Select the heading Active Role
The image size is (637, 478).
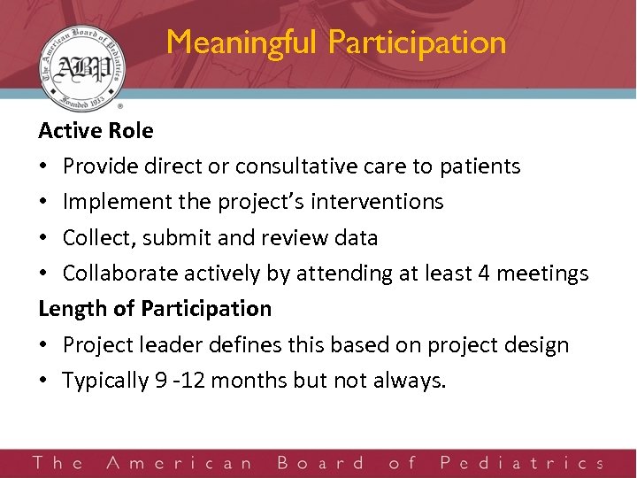click(96, 131)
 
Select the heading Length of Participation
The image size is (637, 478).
click(155, 309)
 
